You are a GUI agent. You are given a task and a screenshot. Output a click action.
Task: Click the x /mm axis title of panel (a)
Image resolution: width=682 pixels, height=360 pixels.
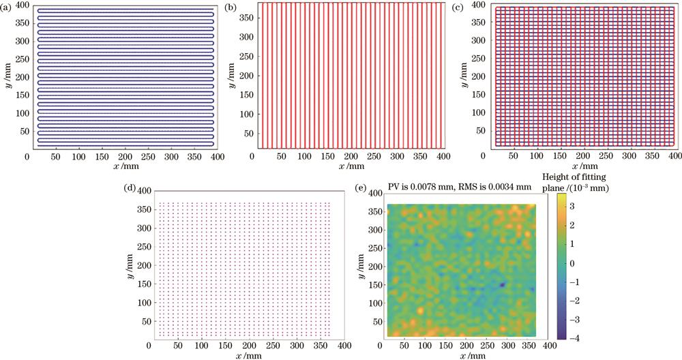click(x=122, y=166)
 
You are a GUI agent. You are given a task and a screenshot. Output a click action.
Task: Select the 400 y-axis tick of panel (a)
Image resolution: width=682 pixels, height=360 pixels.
click(x=16, y=5)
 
